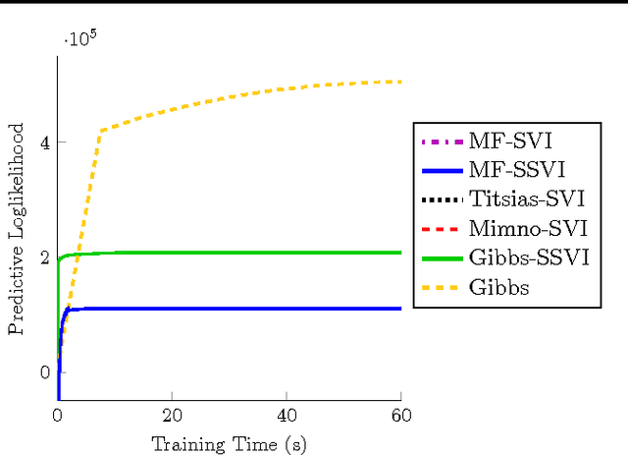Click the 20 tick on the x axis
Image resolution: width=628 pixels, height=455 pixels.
(172, 417)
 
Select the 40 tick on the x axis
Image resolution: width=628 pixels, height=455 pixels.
(287, 417)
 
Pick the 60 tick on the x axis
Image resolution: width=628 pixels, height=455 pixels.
(401, 417)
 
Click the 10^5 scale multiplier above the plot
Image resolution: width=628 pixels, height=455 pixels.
(80, 40)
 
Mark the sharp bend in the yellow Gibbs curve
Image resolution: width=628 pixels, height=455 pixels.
(99, 131)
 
